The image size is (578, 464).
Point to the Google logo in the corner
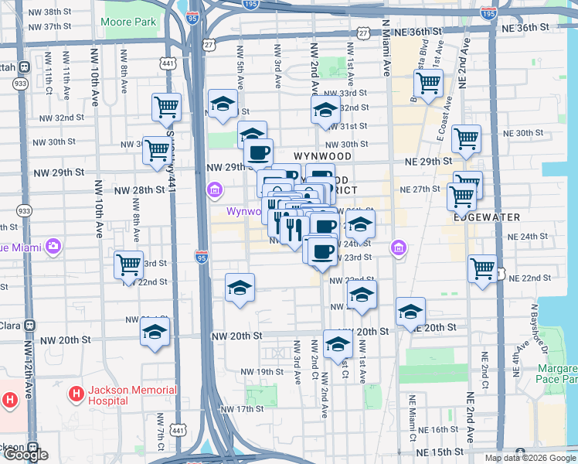25,455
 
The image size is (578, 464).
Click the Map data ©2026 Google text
530,458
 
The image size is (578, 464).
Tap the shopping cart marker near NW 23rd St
129,265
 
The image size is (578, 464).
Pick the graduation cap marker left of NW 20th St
155,333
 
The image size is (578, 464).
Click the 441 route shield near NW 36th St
168,63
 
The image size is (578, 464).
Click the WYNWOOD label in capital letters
323,156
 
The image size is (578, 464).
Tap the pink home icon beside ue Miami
53,247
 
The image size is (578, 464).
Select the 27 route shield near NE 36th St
363,33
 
